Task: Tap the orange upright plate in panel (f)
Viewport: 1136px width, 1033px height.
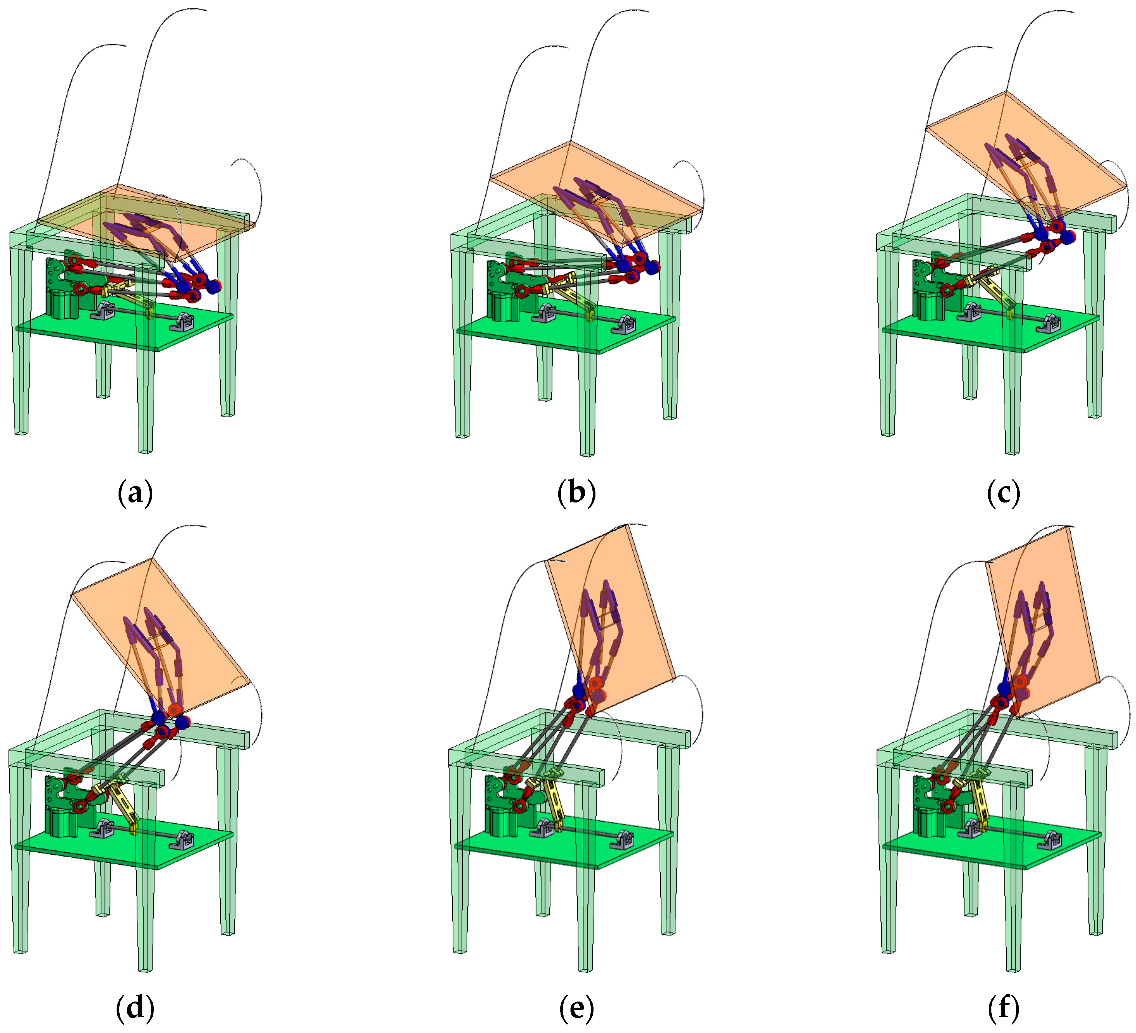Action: [1042, 619]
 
